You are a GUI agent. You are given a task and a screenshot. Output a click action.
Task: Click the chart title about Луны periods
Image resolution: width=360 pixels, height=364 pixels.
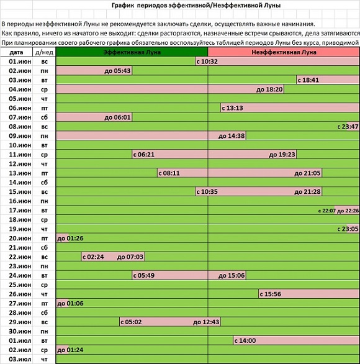(196, 5)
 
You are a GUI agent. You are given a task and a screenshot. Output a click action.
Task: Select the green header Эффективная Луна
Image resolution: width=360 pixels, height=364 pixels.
(132, 52)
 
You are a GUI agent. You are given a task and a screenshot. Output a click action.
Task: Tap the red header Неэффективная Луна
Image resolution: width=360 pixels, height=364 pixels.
(284, 52)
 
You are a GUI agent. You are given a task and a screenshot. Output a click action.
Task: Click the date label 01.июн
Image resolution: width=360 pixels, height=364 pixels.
(20, 61)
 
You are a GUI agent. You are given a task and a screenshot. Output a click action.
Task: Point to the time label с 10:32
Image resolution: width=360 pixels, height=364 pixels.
(207, 61)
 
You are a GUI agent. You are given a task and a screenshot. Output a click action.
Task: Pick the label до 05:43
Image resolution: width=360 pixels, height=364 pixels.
(117, 71)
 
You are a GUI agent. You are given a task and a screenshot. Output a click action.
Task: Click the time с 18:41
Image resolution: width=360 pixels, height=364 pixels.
(308, 80)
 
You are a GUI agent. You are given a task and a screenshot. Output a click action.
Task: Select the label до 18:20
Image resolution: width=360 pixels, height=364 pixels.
(269, 89)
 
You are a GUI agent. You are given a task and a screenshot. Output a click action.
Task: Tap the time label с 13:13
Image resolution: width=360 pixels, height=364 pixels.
(232, 108)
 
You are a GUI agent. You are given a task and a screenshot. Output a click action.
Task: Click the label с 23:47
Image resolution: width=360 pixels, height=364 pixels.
(348, 127)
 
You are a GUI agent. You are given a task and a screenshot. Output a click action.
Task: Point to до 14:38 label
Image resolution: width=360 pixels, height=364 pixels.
(232, 136)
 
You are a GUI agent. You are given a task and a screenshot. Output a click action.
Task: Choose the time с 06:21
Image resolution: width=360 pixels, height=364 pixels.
(144, 155)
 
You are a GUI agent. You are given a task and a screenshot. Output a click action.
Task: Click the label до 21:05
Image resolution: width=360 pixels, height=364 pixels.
(307, 173)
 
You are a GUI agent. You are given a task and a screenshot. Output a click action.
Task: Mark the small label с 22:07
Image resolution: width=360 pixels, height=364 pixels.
(327, 211)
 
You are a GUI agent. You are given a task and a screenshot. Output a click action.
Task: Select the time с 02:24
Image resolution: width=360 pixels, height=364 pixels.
(93, 257)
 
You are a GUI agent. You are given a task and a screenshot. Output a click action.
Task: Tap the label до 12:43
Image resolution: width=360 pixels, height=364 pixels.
(206, 322)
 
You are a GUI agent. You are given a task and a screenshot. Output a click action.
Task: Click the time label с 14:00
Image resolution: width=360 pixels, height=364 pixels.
(245, 340)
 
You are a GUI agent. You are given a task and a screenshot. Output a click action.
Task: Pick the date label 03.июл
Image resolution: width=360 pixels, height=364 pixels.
(20, 360)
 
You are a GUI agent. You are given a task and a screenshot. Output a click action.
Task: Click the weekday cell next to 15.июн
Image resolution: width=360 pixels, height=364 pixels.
(44, 192)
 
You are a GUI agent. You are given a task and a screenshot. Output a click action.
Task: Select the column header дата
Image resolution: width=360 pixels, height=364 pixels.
(16, 52)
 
